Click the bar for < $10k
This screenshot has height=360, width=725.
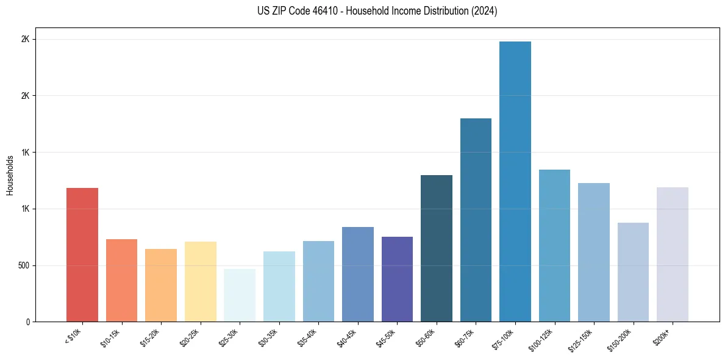point(82,254)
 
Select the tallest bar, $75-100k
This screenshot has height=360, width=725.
point(515,181)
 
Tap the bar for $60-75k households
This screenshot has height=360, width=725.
point(476,220)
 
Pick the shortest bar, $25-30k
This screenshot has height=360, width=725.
point(240,295)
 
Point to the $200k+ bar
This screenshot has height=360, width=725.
point(672,254)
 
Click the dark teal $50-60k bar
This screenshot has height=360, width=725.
point(436,248)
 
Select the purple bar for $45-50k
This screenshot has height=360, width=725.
point(397,279)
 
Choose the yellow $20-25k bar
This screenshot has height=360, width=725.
point(201,281)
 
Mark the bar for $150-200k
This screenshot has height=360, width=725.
point(633,272)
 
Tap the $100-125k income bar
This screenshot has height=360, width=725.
point(554,245)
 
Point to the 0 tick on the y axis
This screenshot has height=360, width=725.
point(27,322)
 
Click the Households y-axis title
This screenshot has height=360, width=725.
point(10,175)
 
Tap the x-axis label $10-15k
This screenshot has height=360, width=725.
point(111,337)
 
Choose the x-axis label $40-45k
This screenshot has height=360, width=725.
point(347,337)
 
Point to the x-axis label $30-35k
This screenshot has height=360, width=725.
point(268,337)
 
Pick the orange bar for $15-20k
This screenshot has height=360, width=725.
point(161,285)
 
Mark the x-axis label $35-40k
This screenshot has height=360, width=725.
point(308,337)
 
